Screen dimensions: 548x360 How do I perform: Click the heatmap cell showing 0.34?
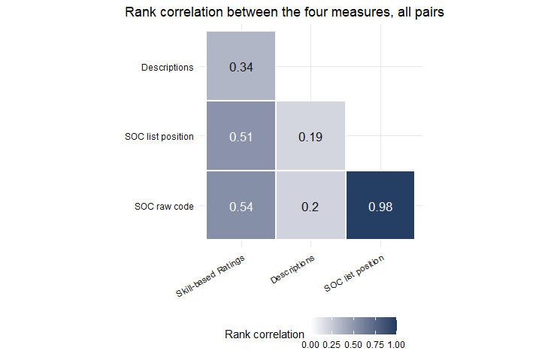coord(241,65)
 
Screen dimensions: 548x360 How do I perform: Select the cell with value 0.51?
coord(241,135)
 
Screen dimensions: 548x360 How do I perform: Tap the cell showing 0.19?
coord(310,135)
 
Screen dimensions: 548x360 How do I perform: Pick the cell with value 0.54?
coord(241,205)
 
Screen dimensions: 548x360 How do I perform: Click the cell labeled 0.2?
coord(310,205)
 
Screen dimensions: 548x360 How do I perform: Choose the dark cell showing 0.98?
coord(380,205)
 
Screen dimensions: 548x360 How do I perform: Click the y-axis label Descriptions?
coord(167,67)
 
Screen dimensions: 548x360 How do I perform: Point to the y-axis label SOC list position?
coord(159,136)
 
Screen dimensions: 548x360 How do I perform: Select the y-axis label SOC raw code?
coord(164,206)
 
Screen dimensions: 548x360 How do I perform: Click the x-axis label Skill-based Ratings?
coord(210,276)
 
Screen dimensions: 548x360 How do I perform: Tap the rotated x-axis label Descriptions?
coord(292,269)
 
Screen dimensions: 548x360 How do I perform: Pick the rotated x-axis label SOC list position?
coord(354,274)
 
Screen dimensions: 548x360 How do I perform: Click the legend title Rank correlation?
coord(264,334)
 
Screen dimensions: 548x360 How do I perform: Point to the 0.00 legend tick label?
coord(310,345)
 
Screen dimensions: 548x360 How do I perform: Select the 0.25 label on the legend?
coord(332,345)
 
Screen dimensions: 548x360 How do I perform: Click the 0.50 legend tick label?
coord(353,345)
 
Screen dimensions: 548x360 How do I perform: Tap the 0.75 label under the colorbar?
coord(375,345)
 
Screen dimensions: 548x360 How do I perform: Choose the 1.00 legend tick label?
coord(396,345)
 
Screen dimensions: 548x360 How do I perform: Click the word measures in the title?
coord(361,12)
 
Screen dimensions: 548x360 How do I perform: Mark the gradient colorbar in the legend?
coord(353,325)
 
